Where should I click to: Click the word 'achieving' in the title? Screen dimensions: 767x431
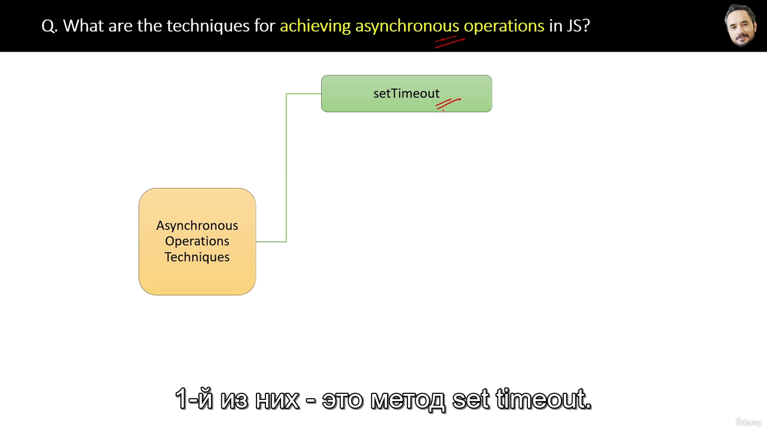click(x=315, y=26)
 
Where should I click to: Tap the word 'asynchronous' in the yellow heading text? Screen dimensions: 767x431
click(x=407, y=26)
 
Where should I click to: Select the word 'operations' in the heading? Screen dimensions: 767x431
click(x=504, y=26)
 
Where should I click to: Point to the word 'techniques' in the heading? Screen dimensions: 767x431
click(x=208, y=26)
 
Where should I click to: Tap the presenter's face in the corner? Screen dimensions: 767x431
click(x=741, y=26)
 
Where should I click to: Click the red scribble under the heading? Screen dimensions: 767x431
click(x=449, y=42)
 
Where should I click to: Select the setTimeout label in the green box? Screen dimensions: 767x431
click(x=406, y=93)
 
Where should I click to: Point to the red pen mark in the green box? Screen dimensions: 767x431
click(x=448, y=104)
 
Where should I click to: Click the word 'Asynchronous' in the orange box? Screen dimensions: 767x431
click(x=197, y=226)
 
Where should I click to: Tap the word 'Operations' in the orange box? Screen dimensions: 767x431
click(x=197, y=241)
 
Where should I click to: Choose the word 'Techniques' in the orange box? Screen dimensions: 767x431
click(x=197, y=257)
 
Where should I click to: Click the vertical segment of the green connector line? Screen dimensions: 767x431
click(x=286, y=168)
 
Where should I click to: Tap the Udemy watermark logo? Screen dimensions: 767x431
click(x=748, y=422)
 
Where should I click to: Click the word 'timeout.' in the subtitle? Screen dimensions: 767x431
click(x=543, y=399)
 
